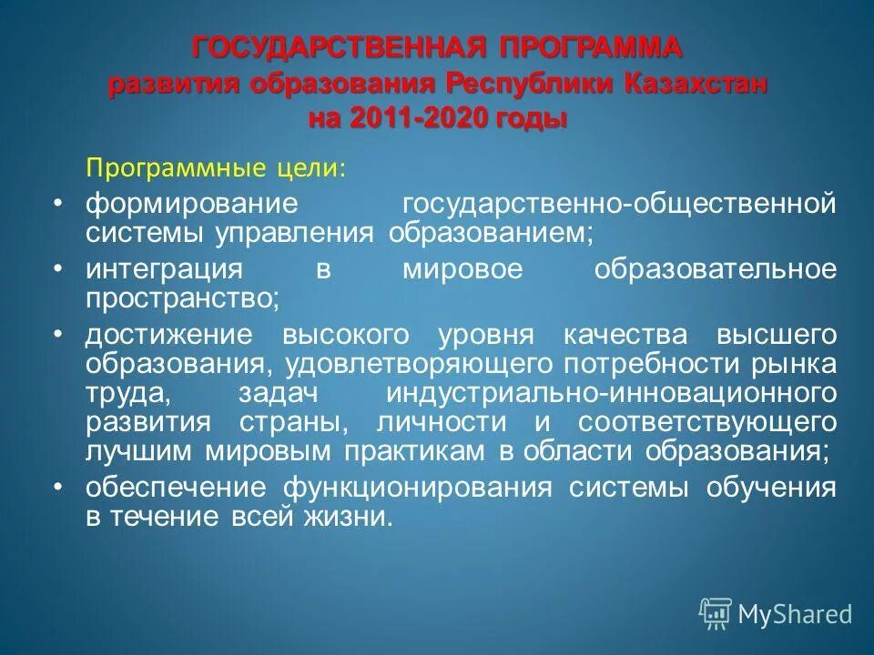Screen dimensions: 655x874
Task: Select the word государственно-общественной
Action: (x=619, y=202)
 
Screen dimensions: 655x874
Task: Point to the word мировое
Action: (x=451, y=269)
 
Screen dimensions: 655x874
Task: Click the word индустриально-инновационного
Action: (x=611, y=394)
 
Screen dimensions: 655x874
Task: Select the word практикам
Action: (x=416, y=451)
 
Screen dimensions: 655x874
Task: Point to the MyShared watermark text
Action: (x=796, y=614)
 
